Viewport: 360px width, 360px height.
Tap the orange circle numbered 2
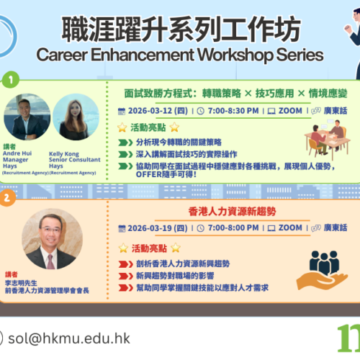[x=6, y=195]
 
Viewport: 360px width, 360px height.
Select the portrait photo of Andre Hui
[x=26, y=116]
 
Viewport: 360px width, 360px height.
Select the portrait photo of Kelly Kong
[x=75, y=116]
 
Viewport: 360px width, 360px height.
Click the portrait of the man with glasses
[x=51, y=238]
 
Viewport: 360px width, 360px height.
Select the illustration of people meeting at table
[x=328, y=140]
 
